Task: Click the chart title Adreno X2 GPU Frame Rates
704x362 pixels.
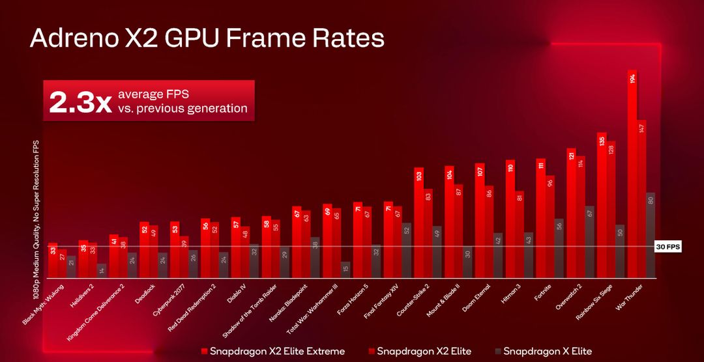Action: point(207,38)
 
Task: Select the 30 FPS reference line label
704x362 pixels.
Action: point(667,247)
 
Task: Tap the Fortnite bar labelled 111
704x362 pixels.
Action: point(540,215)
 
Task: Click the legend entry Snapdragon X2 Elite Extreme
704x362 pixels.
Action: point(272,352)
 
